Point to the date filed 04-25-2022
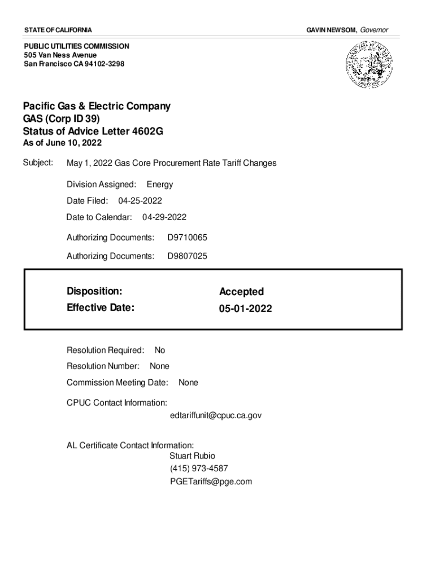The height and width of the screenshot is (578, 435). click(140, 200)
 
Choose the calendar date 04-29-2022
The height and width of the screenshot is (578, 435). click(164, 217)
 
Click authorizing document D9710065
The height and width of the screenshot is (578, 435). click(187, 238)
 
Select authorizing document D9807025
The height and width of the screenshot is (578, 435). click(187, 256)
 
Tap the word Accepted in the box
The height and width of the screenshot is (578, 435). click(241, 292)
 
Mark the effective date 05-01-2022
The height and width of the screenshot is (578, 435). click(245, 309)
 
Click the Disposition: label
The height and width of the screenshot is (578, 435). click(94, 291)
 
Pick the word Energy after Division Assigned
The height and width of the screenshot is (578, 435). click(160, 185)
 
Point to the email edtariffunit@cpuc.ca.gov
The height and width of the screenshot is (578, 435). click(215, 415)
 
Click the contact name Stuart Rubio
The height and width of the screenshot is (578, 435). click(192, 456)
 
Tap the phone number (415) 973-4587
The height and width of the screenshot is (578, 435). click(199, 468)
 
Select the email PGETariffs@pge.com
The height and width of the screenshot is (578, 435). click(211, 481)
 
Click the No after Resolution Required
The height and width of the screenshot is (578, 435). click(160, 351)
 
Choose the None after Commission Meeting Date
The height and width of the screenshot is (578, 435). click(188, 383)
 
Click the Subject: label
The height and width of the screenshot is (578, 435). click(38, 163)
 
